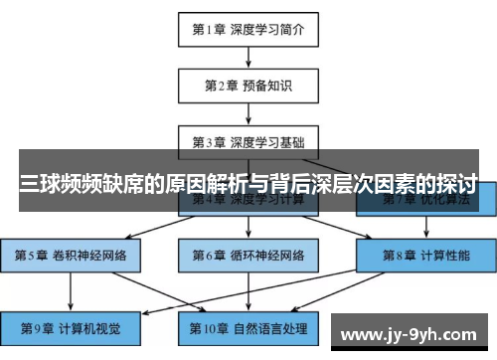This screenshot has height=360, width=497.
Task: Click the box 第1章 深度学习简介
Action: point(248,29)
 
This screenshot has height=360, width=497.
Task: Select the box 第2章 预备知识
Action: point(248,85)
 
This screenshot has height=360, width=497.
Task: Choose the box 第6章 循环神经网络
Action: point(248,255)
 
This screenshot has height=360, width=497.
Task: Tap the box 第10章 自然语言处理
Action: point(248,327)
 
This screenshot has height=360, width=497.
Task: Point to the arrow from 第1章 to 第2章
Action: point(248,57)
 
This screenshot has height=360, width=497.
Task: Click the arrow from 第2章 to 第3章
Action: point(248,112)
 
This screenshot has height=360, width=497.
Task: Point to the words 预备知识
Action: point(266,85)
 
